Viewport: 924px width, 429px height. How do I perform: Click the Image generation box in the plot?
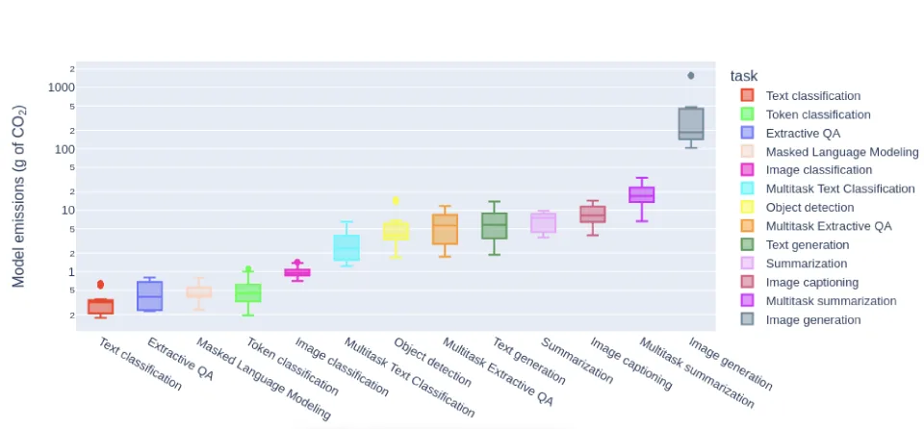point(691,123)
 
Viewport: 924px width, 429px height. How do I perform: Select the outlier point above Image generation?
point(691,75)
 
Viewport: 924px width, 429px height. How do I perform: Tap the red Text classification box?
point(100,306)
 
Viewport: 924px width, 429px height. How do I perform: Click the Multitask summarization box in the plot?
point(642,194)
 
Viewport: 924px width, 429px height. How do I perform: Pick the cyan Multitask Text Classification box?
point(346,247)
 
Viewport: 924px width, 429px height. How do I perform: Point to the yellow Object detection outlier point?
point(396,200)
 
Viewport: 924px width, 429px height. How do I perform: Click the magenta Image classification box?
point(297,272)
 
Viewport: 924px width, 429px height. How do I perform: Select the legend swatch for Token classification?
point(747,114)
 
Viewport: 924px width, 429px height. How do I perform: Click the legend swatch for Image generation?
point(747,319)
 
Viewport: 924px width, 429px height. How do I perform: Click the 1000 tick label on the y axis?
point(62,87)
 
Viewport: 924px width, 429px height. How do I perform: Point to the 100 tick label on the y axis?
point(64,148)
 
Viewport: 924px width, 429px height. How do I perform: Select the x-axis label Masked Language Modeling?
point(262,378)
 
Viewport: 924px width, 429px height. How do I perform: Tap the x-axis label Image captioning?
point(629,363)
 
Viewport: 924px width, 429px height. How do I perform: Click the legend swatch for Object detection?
point(747,208)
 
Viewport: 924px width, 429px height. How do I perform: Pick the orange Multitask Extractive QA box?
point(445,229)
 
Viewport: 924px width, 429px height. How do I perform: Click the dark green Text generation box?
point(495,226)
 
